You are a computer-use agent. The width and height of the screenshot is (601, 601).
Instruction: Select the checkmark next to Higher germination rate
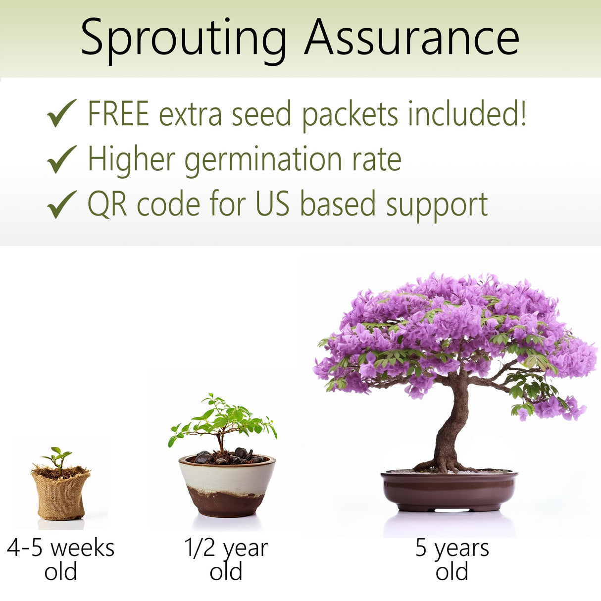pos(61,159)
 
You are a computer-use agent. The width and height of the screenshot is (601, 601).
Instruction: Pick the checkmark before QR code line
pos(61,204)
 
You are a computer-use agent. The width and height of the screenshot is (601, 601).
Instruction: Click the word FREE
pos(118,113)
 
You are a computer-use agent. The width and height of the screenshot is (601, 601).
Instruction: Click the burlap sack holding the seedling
pos(60,495)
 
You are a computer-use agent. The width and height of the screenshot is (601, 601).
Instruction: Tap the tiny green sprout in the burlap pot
pos(58,456)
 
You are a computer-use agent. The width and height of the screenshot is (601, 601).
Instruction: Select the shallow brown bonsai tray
pos(449,490)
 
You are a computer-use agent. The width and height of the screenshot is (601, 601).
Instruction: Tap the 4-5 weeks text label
pos(60,549)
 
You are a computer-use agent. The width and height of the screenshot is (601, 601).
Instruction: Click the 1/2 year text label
pos(226,549)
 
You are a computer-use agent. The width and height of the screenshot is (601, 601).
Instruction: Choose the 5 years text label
pos(451,549)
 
